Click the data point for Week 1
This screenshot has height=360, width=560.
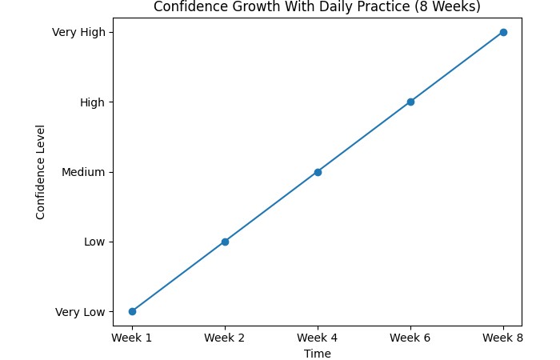pos(132,311)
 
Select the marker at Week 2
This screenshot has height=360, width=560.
pos(225,242)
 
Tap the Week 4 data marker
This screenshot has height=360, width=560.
pos(318,172)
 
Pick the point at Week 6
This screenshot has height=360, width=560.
pos(410,102)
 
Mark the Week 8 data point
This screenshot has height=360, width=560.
pos(503,32)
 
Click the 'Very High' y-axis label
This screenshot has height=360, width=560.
pos(78,32)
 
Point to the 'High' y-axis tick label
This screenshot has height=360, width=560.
pos(91,102)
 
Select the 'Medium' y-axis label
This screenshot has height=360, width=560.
pos(83,172)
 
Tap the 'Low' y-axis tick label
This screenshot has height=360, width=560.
pos(94,242)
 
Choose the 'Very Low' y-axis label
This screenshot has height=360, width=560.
pos(80,311)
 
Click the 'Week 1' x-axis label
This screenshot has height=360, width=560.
pos(132,338)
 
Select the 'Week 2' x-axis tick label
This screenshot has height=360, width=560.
pos(225,338)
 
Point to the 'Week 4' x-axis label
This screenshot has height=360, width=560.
pos(318,338)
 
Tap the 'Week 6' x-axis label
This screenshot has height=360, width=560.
pos(410,338)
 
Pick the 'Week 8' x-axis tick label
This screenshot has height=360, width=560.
pos(503,338)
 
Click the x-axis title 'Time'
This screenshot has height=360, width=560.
pos(318,354)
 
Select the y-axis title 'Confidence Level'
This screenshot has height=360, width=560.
pos(41,172)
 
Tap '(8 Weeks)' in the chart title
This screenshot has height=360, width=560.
pos(452,7)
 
